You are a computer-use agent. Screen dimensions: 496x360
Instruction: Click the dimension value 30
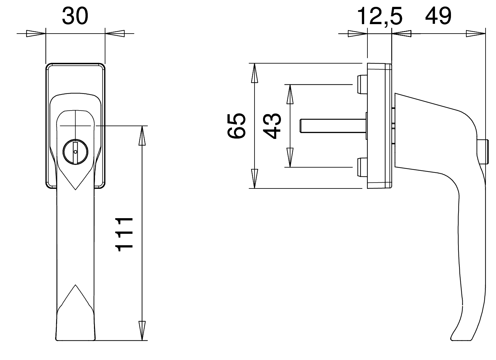pyautogui.click(x=75, y=16)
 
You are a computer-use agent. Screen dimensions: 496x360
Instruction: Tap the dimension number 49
pyautogui.click(x=438, y=16)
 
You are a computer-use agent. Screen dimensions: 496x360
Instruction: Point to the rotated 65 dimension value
pyautogui.click(x=237, y=126)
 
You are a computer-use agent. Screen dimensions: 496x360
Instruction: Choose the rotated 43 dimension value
pyautogui.click(x=272, y=126)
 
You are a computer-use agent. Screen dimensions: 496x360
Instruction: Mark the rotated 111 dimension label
pyautogui.click(x=124, y=235)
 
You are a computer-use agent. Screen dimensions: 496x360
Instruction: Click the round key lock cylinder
pyautogui.click(x=75, y=152)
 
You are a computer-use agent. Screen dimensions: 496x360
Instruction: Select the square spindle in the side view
pyautogui.click(x=333, y=126)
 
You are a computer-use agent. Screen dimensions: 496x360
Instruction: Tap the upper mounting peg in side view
pyautogui.click(x=362, y=84)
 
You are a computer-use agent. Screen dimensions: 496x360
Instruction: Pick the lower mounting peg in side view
pyautogui.click(x=362, y=167)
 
